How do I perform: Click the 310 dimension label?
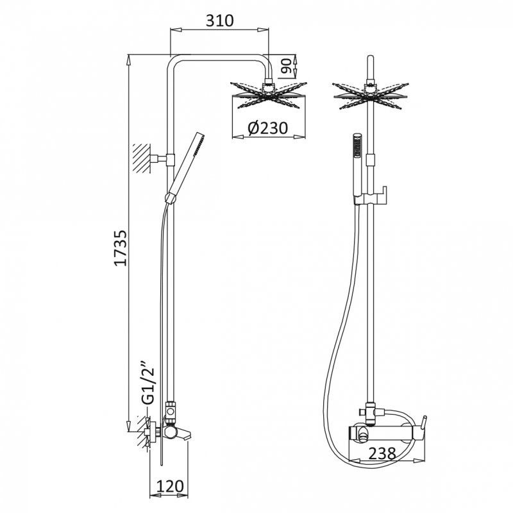click(219, 21)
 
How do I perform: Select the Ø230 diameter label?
click(267, 128)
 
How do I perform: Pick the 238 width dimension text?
click(382, 453)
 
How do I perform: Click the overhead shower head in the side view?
click(268, 95)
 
